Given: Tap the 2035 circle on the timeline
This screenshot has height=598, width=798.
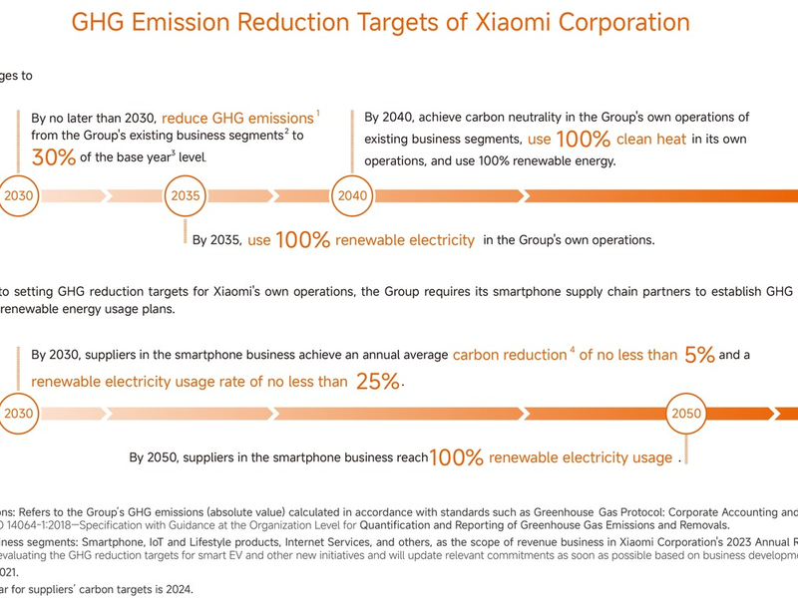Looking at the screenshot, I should (x=186, y=195).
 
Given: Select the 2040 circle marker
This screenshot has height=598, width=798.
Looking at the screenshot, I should (x=352, y=195).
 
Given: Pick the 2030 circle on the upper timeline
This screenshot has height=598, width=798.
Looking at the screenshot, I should (x=19, y=195).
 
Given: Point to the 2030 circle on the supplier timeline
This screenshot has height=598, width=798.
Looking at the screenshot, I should (x=19, y=412).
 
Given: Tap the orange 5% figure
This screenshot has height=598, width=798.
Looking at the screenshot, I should (x=698, y=355).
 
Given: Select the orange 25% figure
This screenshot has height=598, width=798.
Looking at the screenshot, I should (x=377, y=381).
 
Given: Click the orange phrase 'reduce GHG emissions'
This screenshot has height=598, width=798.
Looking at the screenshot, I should (x=237, y=117).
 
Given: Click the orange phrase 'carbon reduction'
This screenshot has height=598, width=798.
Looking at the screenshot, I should (x=509, y=355).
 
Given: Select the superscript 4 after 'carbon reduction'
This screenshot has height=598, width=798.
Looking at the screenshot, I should (x=572, y=350).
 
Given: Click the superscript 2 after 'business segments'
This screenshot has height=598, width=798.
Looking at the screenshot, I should (x=285, y=132).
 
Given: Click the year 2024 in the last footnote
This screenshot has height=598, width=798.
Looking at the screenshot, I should (x=177, y=589).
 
